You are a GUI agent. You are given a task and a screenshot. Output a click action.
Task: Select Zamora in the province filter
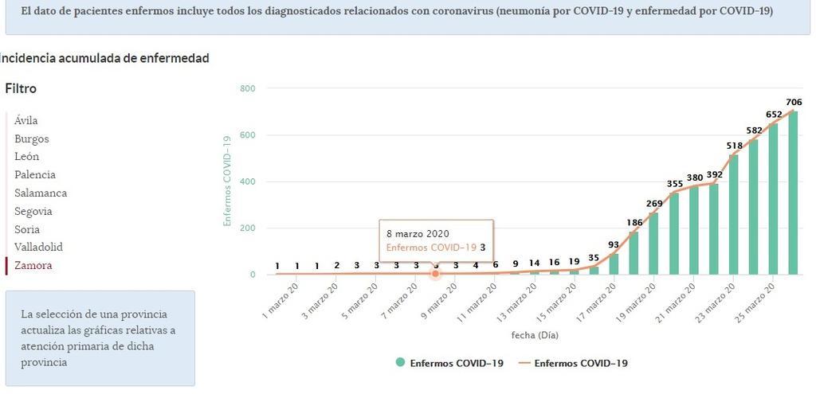[x=33, y=266]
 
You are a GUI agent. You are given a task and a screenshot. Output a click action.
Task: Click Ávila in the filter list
[x=26, y=120]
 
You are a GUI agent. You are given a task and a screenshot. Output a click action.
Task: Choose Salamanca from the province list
[x=41, y=193]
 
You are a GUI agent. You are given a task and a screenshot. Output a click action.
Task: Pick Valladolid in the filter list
[x=38, y=248]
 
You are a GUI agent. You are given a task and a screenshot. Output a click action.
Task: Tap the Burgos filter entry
[x=32, y=138]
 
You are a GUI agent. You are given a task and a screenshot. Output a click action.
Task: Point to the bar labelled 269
[x=654, y=244]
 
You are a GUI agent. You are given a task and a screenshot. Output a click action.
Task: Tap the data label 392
[x=714, y=174]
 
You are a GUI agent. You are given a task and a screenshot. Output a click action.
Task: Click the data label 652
[x=774, y=114]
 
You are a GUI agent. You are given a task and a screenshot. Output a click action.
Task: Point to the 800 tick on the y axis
[x=246, y=88]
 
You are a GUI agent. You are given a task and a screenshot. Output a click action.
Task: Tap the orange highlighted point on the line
[x=435, y=274]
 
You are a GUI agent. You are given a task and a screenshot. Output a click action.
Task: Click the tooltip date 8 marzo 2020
[x=418, y=234]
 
